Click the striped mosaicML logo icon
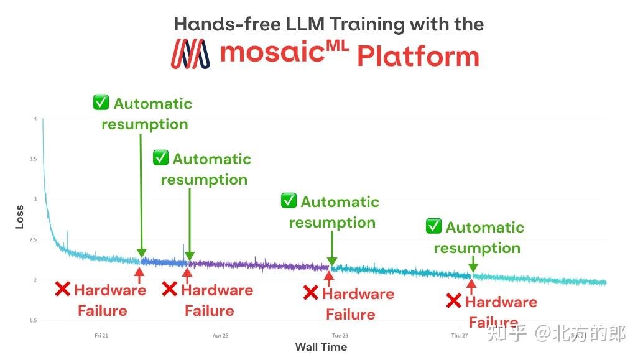click(190, 54)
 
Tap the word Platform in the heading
click(418, 57)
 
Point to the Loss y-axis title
click(19, 217)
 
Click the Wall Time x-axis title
click(321, 347)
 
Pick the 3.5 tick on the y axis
click(34, 159)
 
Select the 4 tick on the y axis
click(35, 119)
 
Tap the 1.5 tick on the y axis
click(34, 321)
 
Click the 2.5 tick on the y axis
click(34, 240)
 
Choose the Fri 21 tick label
click(101, 336)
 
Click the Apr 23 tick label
click(221, 336)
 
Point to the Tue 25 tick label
click(340, 336)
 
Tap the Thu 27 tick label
click(460, 336)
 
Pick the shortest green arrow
click(473, 264)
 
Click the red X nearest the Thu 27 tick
click(454, 302)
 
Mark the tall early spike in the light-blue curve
click(67, 238)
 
